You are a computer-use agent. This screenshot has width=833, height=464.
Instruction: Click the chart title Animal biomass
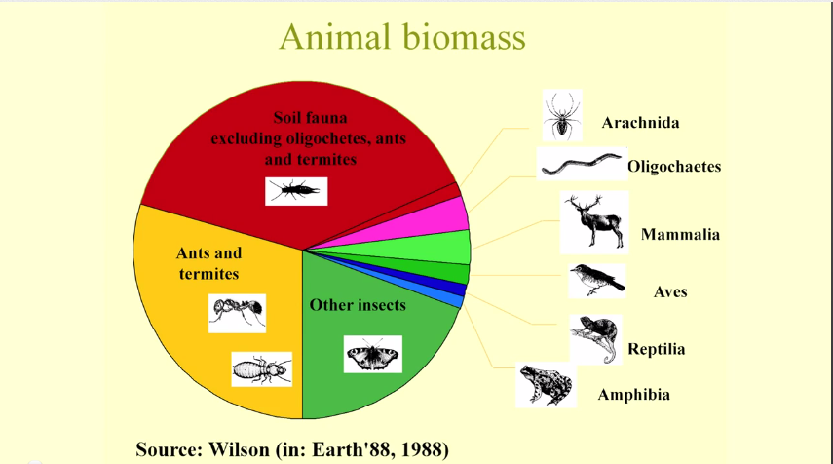(402, 37)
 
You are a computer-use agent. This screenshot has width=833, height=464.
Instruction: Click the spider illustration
(562, 115)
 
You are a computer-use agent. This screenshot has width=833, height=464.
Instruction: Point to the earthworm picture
(582, 164)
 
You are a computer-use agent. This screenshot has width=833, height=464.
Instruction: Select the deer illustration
(594, 222)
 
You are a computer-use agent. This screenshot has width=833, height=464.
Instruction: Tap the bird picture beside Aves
(596, 281)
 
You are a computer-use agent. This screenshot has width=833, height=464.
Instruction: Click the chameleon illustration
(595, 339)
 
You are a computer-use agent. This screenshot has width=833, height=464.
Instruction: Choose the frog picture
(546, 385)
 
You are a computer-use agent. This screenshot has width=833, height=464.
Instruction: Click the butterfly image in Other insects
(372, 354)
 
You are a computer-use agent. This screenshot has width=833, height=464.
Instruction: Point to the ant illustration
(237, 313)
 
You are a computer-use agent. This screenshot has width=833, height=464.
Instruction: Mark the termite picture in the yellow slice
(261, 368)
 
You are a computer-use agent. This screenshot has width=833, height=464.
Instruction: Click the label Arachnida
(640, 123)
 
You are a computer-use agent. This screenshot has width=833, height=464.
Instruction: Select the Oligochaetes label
(674, 167)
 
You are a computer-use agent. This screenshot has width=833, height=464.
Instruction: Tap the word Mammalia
(680, 234)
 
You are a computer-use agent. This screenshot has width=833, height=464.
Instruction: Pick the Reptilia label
(656, 349)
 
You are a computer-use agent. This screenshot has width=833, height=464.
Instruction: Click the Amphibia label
(634, 395)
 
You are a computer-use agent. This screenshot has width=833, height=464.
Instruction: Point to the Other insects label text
(358, 305)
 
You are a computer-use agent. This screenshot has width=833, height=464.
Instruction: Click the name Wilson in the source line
(239, 449)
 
